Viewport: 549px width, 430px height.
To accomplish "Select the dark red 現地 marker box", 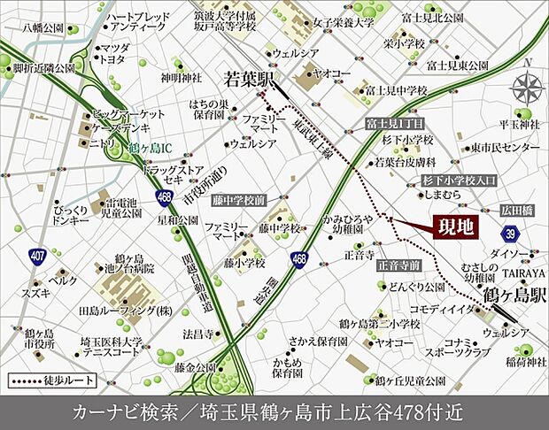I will (x=452, y=227).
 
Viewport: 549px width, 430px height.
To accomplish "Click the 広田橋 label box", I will (x=517, y=210).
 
